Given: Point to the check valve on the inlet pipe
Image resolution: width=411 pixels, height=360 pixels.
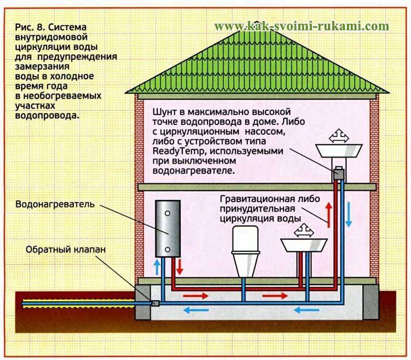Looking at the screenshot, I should tap(155, 303).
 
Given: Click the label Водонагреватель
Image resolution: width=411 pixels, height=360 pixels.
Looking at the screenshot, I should tap(55, 204).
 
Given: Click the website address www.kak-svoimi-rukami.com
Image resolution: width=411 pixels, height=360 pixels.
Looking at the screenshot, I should tap(302, 26).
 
